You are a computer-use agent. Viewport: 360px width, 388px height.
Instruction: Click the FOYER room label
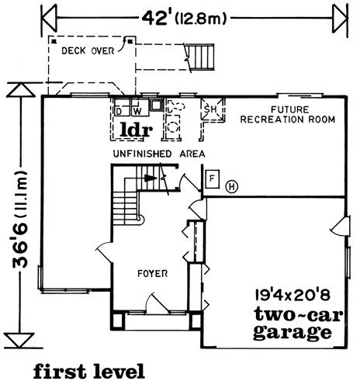[153, 273]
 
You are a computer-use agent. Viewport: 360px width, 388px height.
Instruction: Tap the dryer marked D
[123, 107]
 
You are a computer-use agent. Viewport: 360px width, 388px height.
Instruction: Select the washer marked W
[140, 107]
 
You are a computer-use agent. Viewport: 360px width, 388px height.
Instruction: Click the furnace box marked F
[213, 179]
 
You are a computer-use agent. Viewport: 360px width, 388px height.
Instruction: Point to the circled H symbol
[232, 186]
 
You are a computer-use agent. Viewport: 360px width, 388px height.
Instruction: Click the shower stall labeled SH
[213, 109]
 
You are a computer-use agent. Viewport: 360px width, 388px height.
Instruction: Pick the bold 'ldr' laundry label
[136, 130]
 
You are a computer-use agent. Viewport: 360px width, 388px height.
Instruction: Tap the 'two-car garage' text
[297, 324]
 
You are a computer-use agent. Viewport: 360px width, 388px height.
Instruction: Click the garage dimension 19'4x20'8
[292, 295]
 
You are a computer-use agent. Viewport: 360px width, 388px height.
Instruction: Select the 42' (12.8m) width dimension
[184, 19]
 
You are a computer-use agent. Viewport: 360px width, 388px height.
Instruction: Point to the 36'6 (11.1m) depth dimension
[20, 219]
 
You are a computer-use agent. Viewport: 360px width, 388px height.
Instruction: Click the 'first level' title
[88, 371]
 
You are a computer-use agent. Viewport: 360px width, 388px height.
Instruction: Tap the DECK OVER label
[88, 50]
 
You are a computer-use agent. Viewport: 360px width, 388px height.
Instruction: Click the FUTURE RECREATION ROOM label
[288, 115]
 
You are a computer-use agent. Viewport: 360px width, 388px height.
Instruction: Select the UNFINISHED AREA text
[159, 154]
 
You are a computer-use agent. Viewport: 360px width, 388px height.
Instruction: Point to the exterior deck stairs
[201, 57]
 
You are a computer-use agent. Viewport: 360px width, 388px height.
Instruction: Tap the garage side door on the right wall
[340, 226]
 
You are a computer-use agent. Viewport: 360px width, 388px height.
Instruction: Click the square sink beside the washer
[157, 105]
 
